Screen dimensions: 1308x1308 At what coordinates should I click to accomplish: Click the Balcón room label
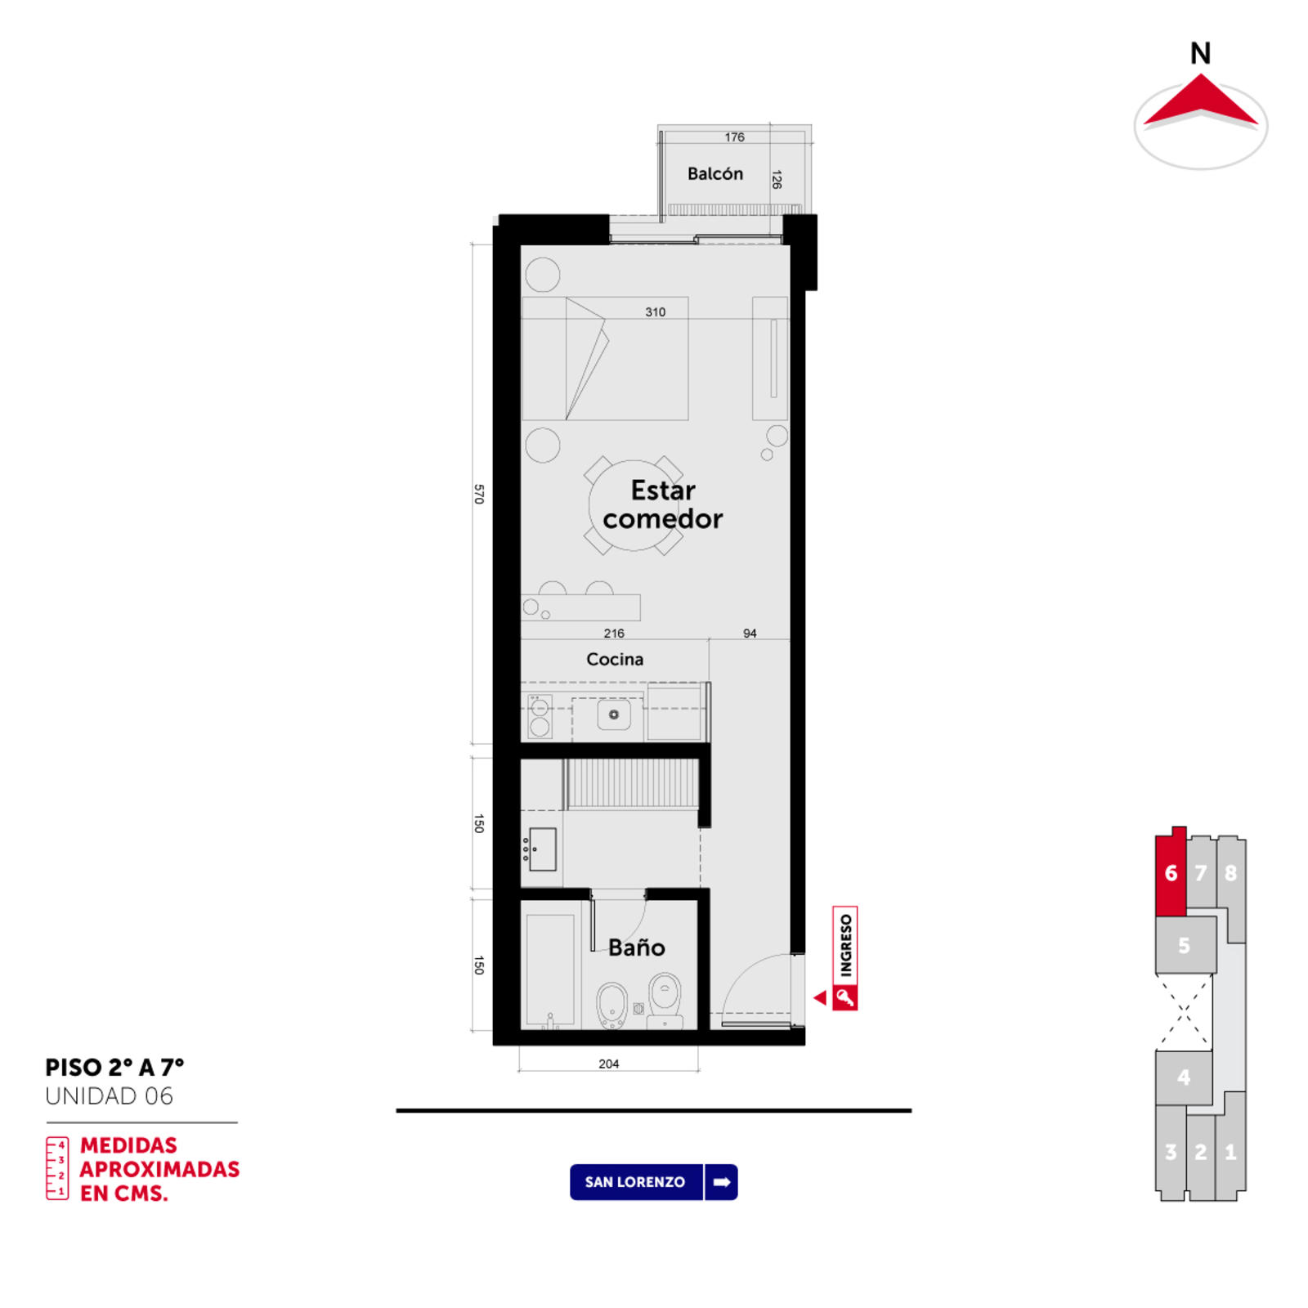click(x=714, y=173)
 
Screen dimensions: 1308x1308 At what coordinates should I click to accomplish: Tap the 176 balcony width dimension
click(x=734, y=137)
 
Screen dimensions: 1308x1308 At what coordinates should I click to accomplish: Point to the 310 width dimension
click(x=655, y=311)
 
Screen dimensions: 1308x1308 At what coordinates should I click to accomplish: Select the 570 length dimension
click(x=479, y=494)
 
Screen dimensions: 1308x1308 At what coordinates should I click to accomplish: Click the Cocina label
click(x=615, y=659)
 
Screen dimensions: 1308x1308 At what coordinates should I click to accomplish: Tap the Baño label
click(x=637, y=947)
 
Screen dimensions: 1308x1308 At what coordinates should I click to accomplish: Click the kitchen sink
click(x=613, y=714)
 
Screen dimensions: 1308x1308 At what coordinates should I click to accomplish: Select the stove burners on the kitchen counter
click(x=540, y=716)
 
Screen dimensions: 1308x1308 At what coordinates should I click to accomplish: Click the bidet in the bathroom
click(x=611, y=1005)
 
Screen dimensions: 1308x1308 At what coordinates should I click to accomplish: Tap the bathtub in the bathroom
click(x=550, y=970)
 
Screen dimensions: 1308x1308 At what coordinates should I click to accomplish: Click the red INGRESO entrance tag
click(x=845, y=957)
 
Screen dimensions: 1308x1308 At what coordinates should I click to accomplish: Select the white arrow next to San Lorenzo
click(x=721, y=1182)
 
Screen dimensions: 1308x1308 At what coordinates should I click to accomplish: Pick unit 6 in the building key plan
click(x=1171, y=872)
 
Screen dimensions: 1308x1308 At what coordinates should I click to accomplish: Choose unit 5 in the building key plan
click(x=1185, y=945)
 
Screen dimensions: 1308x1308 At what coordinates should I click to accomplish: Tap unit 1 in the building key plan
click(x=1230, y=1152)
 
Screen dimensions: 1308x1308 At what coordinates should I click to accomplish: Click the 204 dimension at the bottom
click(x=608, y=1064)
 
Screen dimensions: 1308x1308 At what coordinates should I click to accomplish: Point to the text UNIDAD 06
click(x=110, y=1096)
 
